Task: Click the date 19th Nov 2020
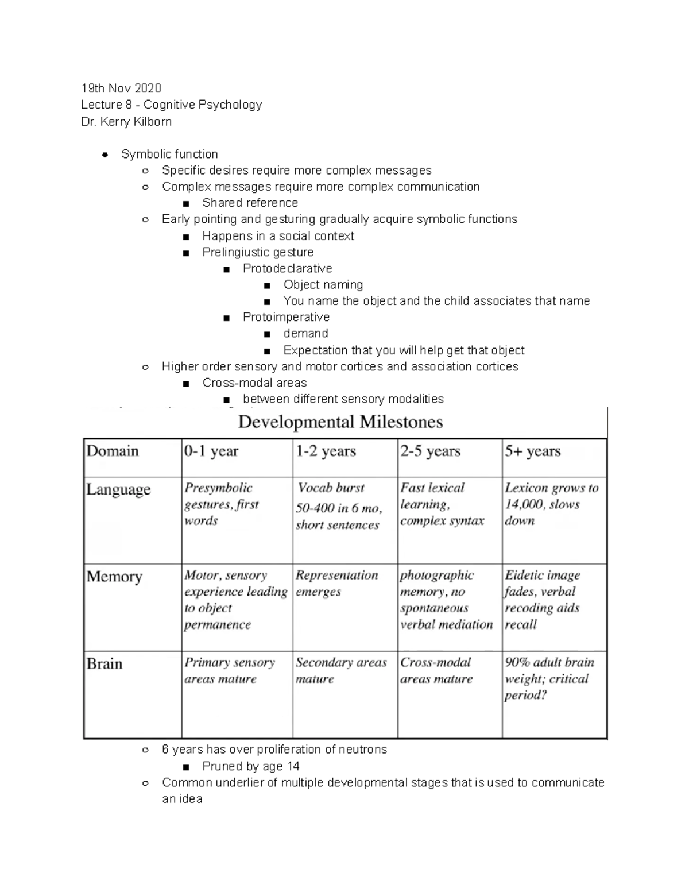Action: click(x=121, y=88)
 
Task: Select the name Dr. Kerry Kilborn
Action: click(x=126, y=122)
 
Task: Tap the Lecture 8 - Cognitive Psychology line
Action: click(x=171, y=105)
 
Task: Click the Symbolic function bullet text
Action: click(x=169, y=154)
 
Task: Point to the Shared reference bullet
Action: click(x=250, y=203)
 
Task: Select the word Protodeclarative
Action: click(x=287, y=268)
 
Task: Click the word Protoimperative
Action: click(x=286, y=317)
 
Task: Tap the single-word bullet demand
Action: click(x=305, y=333)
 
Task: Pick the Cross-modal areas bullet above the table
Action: click(x=254, y=383)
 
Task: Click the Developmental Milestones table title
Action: click(x=340, y=422)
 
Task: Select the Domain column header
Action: click(x=113, y=451)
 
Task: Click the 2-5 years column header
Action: click(x=430, y=451)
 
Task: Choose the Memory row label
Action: click(x=114, y=576)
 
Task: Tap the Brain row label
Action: click(x=104, y=663)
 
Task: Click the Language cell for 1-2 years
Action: click(x=338, y=506)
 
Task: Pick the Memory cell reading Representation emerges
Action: click(x=336, y=583)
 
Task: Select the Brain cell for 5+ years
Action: click(x=549, y=678)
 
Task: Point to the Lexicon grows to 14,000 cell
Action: click(x=551, y=504)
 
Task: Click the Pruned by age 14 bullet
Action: click(x=250, y=766)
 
